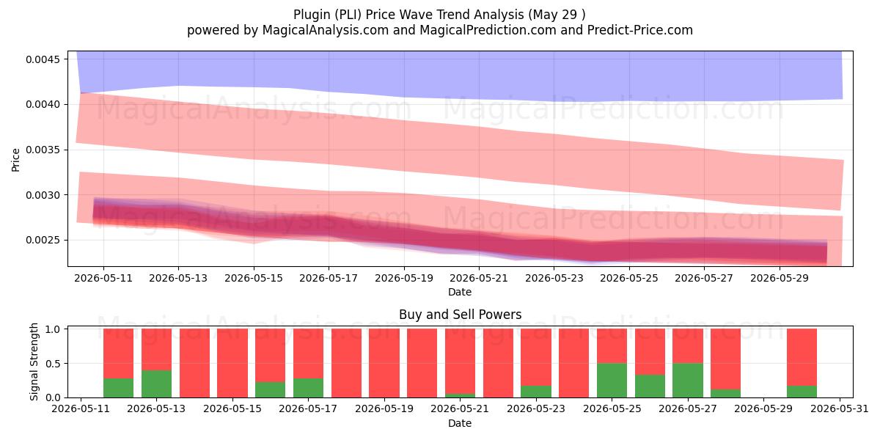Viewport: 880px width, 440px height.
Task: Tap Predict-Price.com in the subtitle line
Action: (640, 30)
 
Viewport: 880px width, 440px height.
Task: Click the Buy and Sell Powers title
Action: (460, 315)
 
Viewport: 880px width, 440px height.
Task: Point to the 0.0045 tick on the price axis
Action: (43, 59)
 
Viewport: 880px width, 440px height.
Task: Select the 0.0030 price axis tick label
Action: (43, 195)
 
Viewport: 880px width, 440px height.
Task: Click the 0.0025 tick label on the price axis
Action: (43, 240)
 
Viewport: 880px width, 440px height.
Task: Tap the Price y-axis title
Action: (15, 160)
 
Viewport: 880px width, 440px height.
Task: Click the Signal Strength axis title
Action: (34, 362)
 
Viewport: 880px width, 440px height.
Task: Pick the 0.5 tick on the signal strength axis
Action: (53, 364)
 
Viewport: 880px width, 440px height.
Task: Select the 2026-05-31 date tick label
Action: (840, 408)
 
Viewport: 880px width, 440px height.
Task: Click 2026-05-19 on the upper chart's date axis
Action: (404, 278)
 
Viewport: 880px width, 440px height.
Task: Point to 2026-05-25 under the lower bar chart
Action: (612, 408)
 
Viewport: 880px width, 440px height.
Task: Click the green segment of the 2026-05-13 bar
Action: (156, 384)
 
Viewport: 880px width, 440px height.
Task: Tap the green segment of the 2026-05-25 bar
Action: (612, 381)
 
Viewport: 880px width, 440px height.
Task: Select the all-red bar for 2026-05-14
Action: (194, 363)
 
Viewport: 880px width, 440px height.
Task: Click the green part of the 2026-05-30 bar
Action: (802, 392)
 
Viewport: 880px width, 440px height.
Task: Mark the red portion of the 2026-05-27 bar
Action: (688, 345)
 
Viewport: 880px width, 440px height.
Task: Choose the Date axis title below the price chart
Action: (460, 292)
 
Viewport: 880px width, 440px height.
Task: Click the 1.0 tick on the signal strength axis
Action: (53, 329)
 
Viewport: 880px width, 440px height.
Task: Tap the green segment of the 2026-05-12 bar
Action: (118, 388)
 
